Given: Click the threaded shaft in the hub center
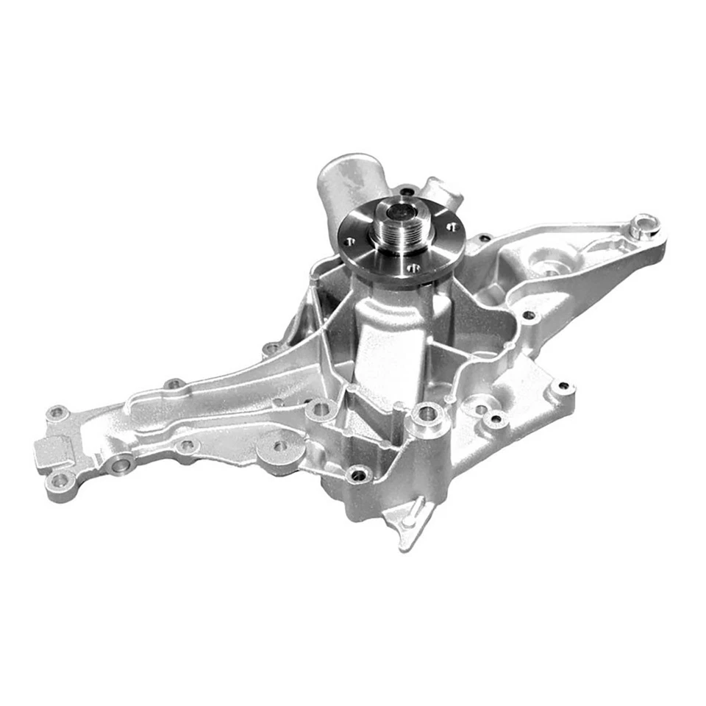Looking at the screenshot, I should (401, 221).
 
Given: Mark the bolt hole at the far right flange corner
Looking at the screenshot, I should (563, 385).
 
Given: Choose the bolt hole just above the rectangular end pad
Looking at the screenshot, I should (57, 414).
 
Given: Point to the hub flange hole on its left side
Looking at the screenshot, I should (352, 240).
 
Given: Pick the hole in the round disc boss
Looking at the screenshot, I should (281, 446).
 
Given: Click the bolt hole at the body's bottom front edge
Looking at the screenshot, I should (358, 474).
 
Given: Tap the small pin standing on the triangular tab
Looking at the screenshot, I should (417, 507).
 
